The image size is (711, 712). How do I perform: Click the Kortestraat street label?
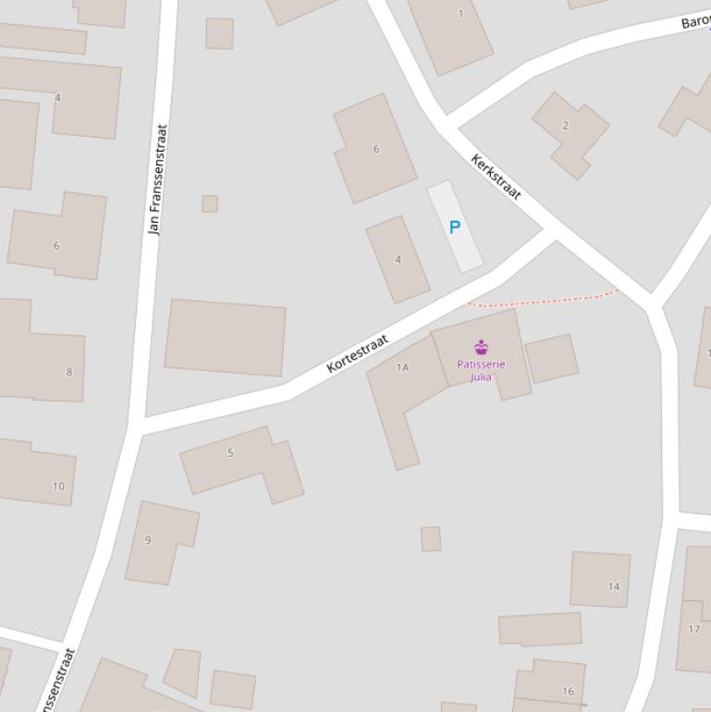[x=358, y=354]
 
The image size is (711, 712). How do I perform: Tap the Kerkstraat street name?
[x=496, y=177]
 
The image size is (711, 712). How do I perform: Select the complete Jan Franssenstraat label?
[x=156, y=179]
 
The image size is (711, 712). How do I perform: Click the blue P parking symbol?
[x=454, y=227]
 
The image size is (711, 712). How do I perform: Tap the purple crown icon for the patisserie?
[x=481, y=348]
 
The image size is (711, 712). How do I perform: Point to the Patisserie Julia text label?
[x=481, y=370]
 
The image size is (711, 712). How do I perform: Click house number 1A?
[x=402, y=367]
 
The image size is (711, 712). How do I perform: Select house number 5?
[x=230, y=453]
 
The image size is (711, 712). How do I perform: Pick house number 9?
[x=148, y=540]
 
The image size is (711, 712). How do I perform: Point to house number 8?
[x=68, y=372]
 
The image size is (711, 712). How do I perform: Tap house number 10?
[x=58, y=486]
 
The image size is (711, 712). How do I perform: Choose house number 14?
[x=614, y=586]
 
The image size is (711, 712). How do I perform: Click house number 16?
[x=568, y=691]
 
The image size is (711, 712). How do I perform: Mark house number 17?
[x=694, y=629]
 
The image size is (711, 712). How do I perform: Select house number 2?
[x=565, y=126]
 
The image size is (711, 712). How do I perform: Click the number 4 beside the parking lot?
[x=398, y=260]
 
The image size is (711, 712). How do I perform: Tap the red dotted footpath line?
[x=546, y=300]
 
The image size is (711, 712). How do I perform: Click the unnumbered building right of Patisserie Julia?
[x=552, y=358]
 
